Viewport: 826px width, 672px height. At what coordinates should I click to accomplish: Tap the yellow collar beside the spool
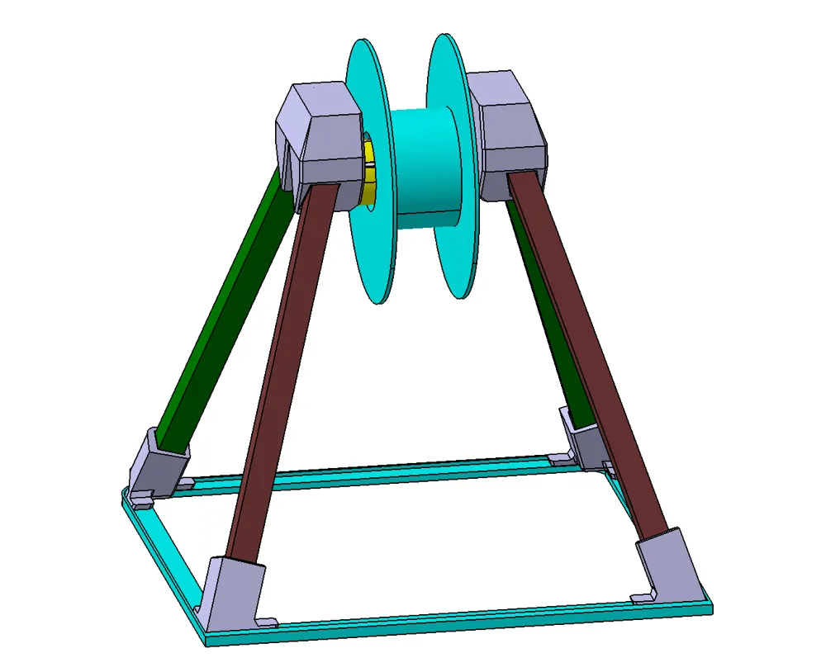coord(369,173)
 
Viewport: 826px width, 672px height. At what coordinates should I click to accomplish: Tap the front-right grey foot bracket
coord(669,566)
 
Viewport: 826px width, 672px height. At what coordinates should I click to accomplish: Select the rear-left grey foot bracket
coord(157,462)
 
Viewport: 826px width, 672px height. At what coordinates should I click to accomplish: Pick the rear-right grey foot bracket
coord(582,438)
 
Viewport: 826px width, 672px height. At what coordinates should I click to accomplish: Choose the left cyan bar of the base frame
coord(165,561)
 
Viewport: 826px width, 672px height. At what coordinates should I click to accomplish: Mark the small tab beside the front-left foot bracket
coord(266,620)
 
